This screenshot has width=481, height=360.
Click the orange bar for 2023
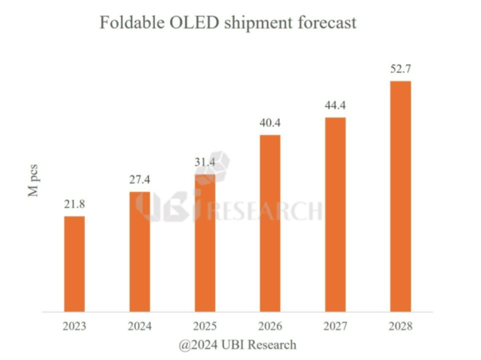point(74,263)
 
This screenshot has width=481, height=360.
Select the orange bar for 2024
point(139,251)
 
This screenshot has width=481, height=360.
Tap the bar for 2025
point(204,242)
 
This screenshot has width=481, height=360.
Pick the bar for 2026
point(270,222)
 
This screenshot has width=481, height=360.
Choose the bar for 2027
point(335,214)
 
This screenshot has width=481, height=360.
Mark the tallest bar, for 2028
point(400,195)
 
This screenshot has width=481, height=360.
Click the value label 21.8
point(74,204)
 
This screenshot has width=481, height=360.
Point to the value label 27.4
point(139,180)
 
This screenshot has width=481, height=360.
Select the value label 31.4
point(204,163)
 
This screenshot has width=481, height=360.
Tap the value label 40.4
point(270,123)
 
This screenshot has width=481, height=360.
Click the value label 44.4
point(335,105)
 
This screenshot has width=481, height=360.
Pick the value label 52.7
point(400,69)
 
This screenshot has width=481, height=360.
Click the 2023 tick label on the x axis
point(74,327)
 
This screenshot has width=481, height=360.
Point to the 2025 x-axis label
point(204,327)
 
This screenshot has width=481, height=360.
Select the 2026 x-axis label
point(270,327)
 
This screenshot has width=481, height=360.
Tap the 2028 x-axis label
point(400,327)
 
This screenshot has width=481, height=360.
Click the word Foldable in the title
point(129,23)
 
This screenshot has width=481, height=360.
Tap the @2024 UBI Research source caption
point(238,345)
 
